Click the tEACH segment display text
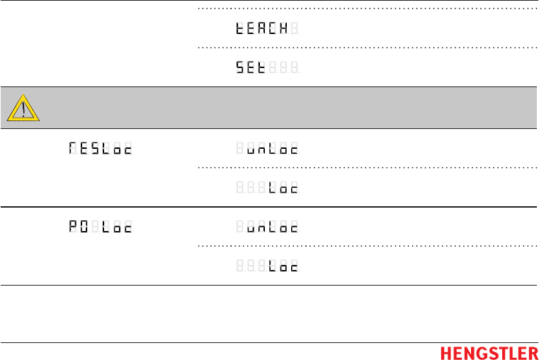(262, 30)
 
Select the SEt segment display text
(251, 69)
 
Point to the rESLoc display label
(101, 150)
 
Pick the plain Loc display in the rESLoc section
(283, 189)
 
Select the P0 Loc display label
(101, 228)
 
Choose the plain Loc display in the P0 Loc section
(283, 267)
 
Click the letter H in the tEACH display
(283, 30)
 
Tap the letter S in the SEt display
(241, 69)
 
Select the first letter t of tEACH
(241, 30)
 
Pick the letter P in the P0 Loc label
(73, 228)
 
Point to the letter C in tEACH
(273, 30)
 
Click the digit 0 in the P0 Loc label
(84, 228)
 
